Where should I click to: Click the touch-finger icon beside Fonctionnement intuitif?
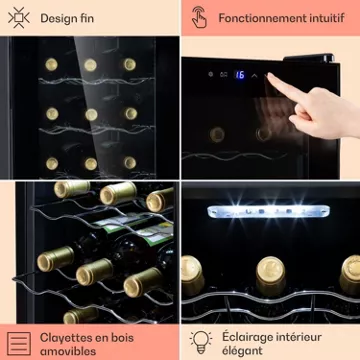199,17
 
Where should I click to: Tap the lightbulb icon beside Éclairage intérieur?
201,342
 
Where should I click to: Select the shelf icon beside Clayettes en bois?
19,343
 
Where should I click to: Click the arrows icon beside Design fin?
19,17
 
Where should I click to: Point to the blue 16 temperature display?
239,75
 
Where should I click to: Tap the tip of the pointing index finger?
269,75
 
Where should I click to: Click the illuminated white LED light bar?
268,212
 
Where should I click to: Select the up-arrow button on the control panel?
254,75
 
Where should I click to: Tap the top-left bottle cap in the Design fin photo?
51,64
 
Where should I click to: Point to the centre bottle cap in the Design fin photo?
91,115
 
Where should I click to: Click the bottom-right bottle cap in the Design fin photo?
130,163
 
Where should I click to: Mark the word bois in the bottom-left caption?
122,338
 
